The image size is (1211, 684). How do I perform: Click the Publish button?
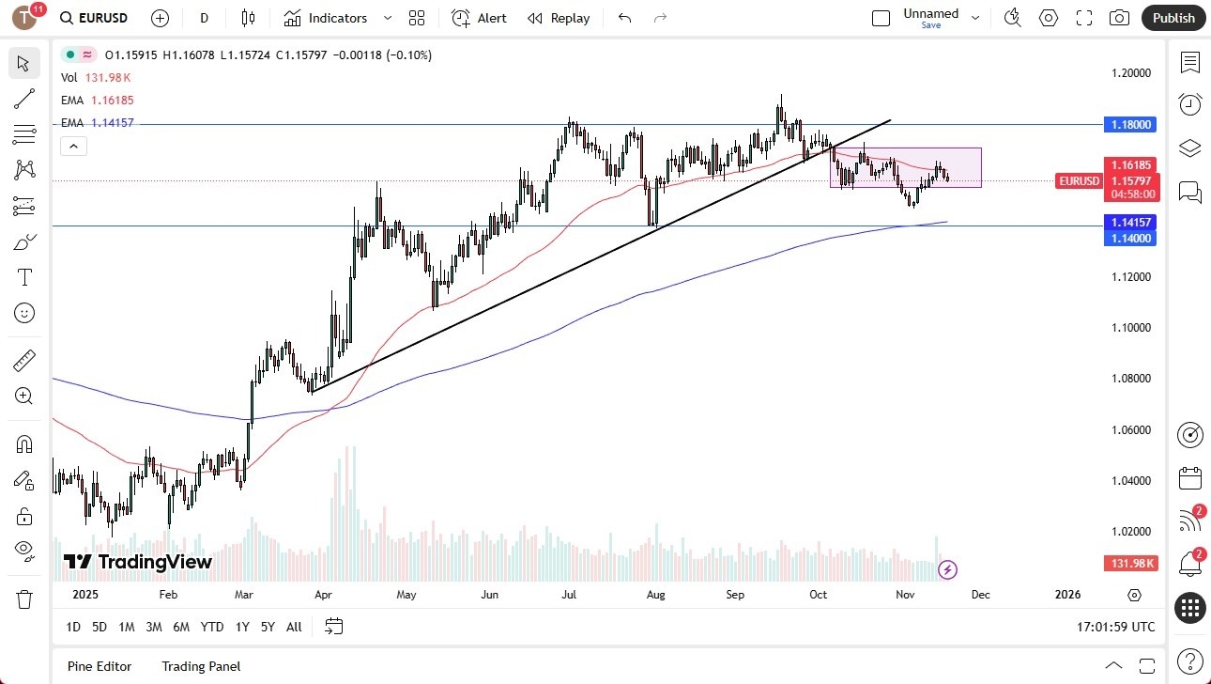coord(1173,18)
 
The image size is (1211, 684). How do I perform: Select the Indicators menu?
coord(326,18)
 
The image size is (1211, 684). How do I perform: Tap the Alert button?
coord(479,18)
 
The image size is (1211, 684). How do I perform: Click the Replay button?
coord(559,18)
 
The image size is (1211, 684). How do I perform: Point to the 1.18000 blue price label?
coord(1131,124)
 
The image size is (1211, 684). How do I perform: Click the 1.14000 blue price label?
coord(1131,239)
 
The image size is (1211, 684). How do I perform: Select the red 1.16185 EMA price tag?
coord(1131,164)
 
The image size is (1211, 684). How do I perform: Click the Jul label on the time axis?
coord(569,594)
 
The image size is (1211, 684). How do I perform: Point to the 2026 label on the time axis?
coord(1067,594)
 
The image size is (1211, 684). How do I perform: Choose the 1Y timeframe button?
coord(242,627)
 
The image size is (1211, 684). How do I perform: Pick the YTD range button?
coord(212,627)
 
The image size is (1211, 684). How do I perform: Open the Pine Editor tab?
coord(100,666)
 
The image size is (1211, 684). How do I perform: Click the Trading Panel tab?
coord(201,666)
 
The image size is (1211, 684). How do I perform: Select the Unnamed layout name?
coord(930,13)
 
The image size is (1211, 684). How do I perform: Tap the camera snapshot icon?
coord(1119,18)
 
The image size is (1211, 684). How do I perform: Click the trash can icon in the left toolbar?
coord(24,598)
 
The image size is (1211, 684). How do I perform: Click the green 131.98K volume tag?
coord(1131,563)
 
